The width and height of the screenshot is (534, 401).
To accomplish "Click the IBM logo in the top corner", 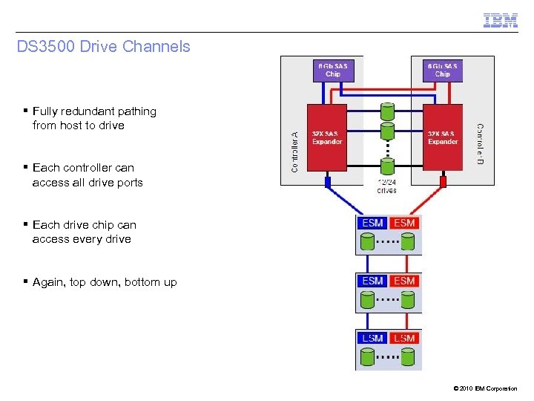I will (x=501, y=20).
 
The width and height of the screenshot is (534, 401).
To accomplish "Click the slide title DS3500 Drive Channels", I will (x=103, y=47).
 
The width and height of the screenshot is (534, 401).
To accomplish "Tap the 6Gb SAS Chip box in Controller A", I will (x=333, y=70).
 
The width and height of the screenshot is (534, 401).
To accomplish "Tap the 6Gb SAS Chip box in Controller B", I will (x=442, y=70).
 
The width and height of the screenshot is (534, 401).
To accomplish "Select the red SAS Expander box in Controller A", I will (x=327, y=137).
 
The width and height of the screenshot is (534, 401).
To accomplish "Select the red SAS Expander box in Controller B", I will (x=443, y=137).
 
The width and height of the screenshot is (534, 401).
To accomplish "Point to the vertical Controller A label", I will (x=294, y=151).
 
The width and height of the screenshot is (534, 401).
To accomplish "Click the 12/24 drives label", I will (x=386, y=186).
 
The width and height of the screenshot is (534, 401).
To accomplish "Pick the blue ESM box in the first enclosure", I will (x=373, y=223).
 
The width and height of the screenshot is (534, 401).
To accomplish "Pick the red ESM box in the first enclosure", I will (x=404, y=223).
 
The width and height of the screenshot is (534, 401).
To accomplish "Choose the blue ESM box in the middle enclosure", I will (x=373, y=281).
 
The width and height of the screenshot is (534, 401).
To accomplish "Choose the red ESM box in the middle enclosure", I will (x=404, y=281).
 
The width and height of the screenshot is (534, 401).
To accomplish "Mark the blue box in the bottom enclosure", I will (x=373, y=338).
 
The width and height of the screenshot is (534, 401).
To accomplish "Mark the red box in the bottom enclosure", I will (x=404, y=338).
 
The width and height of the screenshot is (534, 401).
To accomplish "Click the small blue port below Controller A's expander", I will (x=327, y=180).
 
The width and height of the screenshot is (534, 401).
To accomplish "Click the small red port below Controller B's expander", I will (x=444, y=180).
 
